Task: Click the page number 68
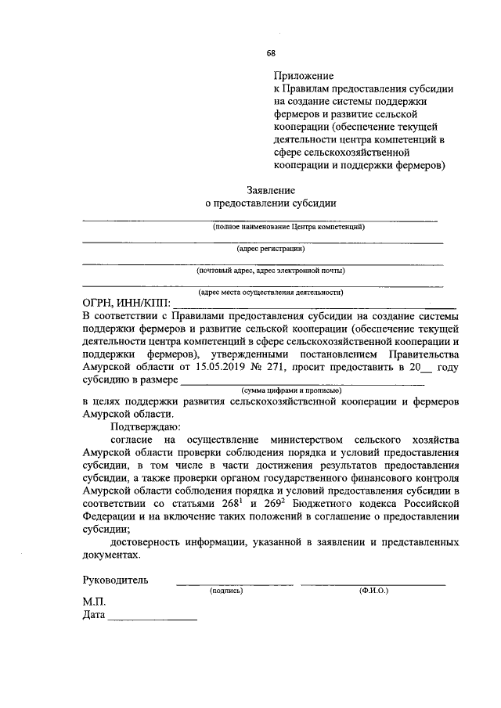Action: coord(270,53)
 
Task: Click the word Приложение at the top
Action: coord(304,77)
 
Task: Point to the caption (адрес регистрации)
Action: coord(271,248)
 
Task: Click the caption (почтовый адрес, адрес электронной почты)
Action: coord(271,270)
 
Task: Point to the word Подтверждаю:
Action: coord(146,427)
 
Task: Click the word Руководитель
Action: coord(117,580)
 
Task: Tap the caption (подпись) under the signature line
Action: coord(226,591)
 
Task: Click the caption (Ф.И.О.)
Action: coord(373,591)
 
